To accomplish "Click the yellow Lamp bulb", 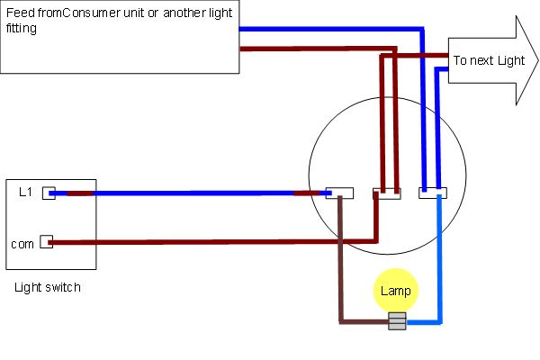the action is [x=396, y=290].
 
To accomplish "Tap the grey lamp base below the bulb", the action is [x=397, y=320].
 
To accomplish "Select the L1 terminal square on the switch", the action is [x=49, y=193].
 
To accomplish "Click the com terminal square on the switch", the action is [x=46, y=242].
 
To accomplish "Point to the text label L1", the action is [x=25, y=192].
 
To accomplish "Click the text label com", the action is [x=22, y=244].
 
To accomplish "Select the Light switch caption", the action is [x=48, y=287].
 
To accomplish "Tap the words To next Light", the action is [x=489, y=60].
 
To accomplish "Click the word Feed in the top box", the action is [x=21, y=13].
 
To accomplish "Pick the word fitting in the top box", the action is [x=22, y=28].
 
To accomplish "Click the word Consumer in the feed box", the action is [x=92, y=13].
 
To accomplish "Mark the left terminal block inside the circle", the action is [x=339, y=193].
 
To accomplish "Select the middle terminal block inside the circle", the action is [x=387, y=193].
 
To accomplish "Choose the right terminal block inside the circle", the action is [x=433, y=193].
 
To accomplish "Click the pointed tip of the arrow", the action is [x=538, y=60].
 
